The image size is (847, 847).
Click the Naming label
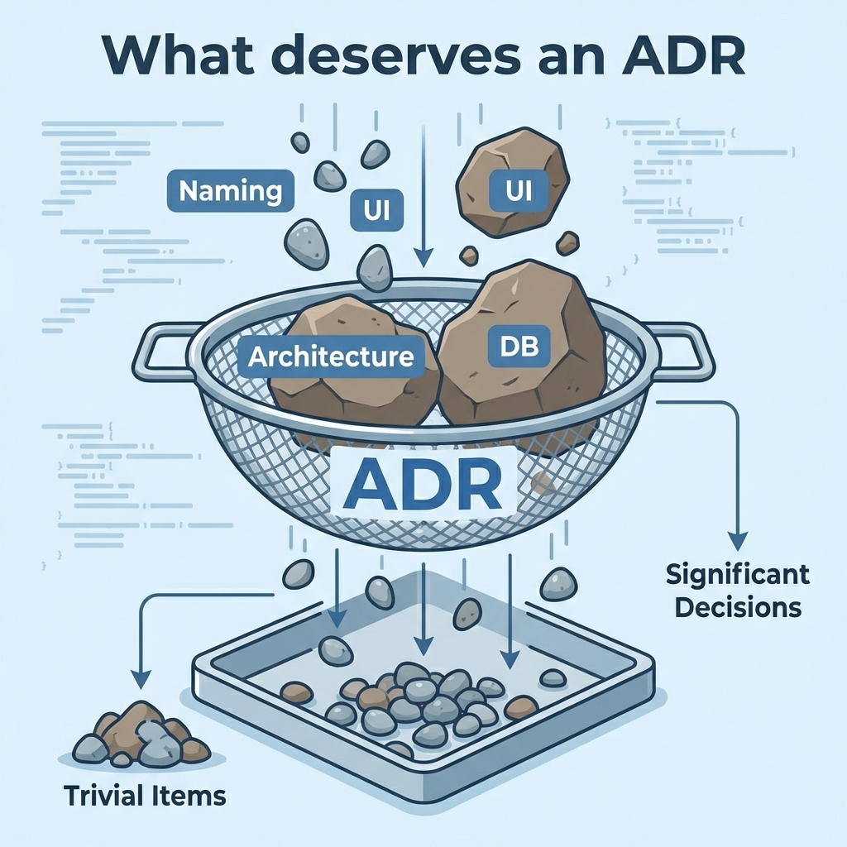coord(230,192)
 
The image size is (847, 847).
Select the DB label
coord(519,347)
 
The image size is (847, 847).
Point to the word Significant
coord(738,574)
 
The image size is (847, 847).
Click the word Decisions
coord(738,607)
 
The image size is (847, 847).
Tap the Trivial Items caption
coord(145,796)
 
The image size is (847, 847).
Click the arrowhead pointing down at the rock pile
coord(141,678)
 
